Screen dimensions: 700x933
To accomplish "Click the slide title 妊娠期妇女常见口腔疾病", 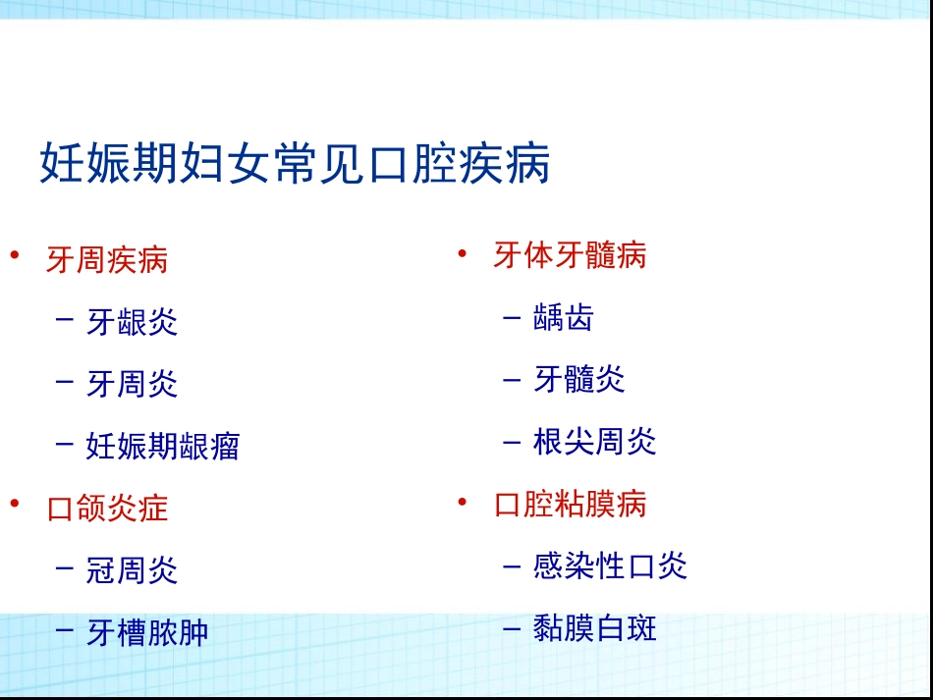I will coord(295,164).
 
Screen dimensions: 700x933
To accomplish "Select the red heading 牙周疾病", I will coord(107,260).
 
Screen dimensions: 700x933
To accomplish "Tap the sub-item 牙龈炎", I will coord(132,322).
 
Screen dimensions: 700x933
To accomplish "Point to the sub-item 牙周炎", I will coord(132,384).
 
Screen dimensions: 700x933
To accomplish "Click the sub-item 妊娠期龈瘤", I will coord(162,447).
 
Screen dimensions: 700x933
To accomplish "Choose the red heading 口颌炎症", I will coord(107,509).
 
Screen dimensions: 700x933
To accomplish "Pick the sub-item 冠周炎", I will coord(132,570).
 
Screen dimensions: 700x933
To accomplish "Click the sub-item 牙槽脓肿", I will coord(147,633).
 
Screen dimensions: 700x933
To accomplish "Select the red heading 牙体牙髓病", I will coord(570,256).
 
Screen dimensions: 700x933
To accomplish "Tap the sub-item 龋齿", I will coord(564,318).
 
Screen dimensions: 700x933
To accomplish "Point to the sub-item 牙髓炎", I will coord(579,380).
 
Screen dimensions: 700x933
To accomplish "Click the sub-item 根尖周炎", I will coord(594,442).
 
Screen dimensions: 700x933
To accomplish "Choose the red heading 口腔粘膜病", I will coord(570,505).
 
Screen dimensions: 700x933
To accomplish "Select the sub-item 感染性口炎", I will coord(610,566).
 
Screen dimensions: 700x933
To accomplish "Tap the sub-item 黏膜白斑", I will coord(594,628).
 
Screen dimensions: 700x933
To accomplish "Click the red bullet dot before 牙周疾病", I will coord(15,255).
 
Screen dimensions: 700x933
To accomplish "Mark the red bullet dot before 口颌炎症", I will coord(15,504).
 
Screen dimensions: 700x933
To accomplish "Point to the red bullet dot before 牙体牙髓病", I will coord(463,252).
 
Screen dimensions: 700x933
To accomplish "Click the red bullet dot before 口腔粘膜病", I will coord(463,501).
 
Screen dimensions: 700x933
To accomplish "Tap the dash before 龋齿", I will coord(511,318).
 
